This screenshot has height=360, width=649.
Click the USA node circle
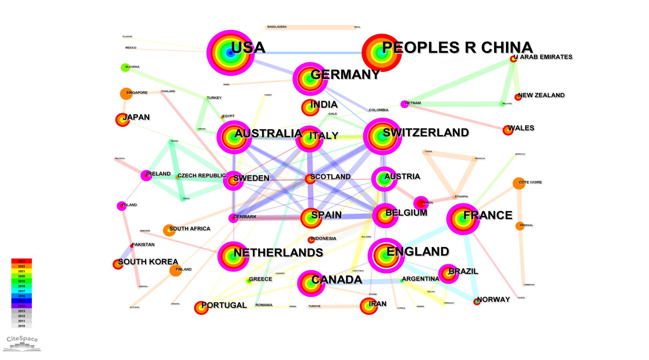pyautogui.click(x=230, y=53)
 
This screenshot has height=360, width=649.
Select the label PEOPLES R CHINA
pyautogui.click(x=457, y=48)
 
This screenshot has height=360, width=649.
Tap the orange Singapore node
pyautogui.click(x=126, y=93)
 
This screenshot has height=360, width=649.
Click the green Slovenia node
pyautogui.click(x=125, y=68)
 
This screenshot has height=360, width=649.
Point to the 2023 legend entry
pyautogui.click(x=21, y=261)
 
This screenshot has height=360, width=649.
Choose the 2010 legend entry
pyautogui.click(x=21, y=326)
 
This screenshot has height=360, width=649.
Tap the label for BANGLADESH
pyautogui.click(x=277, y=27)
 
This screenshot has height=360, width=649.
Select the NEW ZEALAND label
pyautogui.click(x=541, y=95)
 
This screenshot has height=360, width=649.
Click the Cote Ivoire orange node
pyautogui.click(x=519, y=183)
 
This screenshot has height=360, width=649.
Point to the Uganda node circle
pyautogui.click(x=421, y=203)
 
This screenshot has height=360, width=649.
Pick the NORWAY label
pyautogui.click(x=493, y=299)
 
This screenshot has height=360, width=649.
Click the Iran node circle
pyautogui.click(x=369, y=306)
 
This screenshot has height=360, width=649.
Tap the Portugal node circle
pyautogui.click(x=201, y=308)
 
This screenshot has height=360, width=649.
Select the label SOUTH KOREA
pyautogui.click(x=148, y=262)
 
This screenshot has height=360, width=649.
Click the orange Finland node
pyautogui.click(x=176, y=270)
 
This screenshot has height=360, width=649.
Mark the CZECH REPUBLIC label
pyautogui.click(x=202, y=176)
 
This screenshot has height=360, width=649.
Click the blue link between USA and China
pyautogui.click(x=308, y=53)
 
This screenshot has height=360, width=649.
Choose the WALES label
pyautogui.click(x=521, y=128)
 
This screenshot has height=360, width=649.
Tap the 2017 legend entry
pyautogui.click(x=21, y=291)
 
